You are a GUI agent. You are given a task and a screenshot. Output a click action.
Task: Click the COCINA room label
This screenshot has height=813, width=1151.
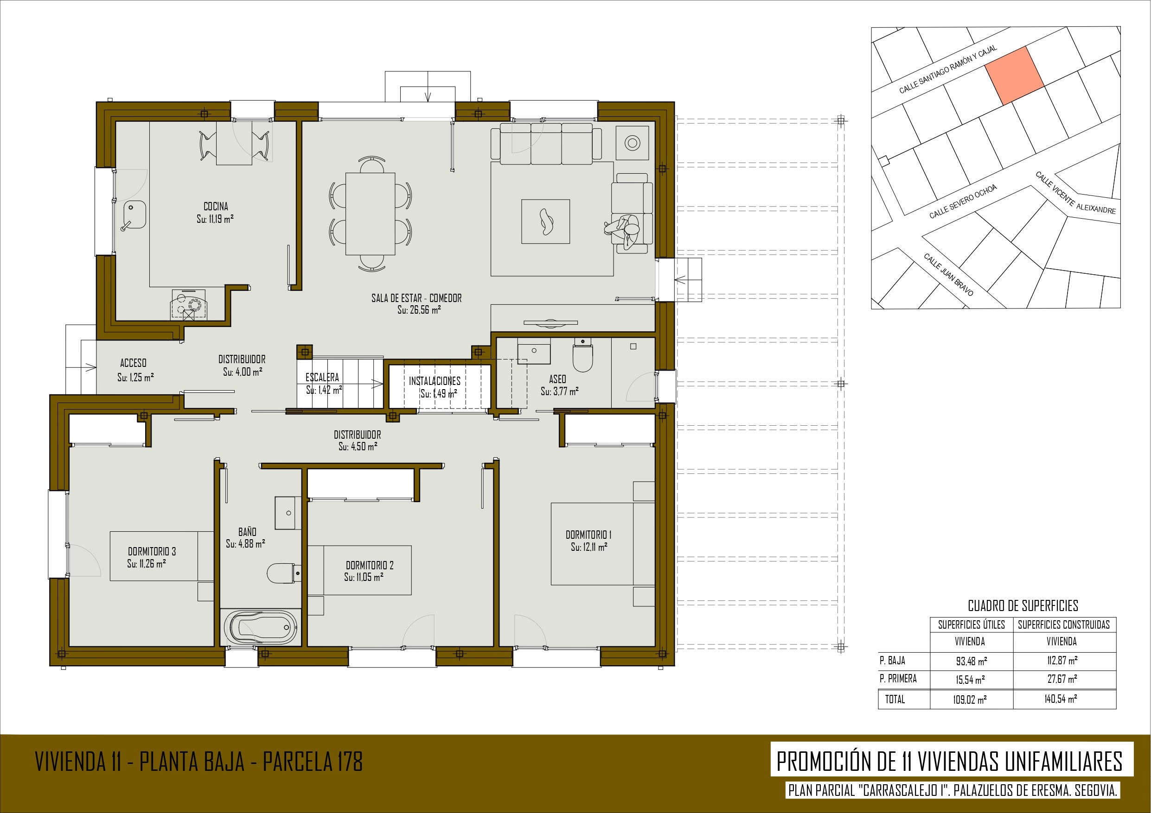216,206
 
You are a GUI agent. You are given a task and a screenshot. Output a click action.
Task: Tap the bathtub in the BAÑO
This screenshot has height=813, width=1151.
260,627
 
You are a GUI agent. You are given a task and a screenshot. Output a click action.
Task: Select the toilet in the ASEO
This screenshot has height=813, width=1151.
582,355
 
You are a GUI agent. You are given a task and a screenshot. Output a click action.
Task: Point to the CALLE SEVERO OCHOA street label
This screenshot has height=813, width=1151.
963,202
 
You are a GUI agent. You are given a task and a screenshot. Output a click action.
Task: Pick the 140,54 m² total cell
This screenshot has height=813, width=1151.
1061,698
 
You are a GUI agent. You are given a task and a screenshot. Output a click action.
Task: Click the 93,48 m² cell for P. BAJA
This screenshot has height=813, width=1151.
972,661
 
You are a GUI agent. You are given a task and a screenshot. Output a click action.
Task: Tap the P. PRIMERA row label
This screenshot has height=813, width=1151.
898,678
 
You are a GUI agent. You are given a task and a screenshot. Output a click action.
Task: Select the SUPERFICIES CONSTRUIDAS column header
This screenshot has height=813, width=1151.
1064,624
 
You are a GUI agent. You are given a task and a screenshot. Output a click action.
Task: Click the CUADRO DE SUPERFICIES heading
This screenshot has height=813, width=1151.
1023,605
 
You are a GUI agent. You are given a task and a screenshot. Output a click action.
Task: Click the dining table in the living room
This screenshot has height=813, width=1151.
371,214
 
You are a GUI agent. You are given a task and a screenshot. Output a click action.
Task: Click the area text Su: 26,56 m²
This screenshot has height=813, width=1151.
419,309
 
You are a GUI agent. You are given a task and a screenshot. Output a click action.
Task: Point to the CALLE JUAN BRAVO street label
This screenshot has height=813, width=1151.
948,275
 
